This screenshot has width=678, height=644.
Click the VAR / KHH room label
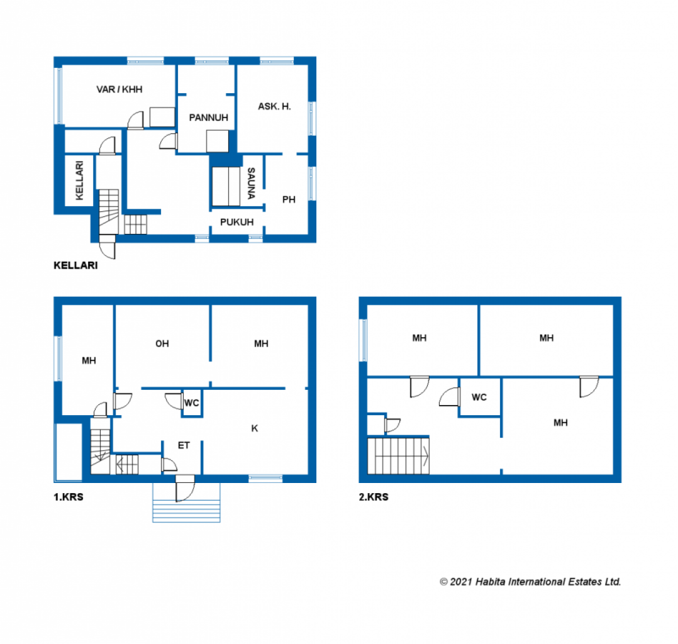pos(119,89)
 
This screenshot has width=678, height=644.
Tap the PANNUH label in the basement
pos(208,118)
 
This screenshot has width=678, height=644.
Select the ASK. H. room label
pos(274,106)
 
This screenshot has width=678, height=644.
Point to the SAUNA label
pos(251,183)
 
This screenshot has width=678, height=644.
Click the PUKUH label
pos(236,222)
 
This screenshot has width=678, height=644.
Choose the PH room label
pos(289,199)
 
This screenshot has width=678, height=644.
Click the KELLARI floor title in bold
pos(75,265)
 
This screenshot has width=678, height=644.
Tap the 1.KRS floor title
pos(69,497)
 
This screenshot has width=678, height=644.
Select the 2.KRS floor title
pos(374,497)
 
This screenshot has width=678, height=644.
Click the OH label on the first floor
pos(162,344)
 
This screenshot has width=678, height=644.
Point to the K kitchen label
pos(254,428)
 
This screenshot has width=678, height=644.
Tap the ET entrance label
pos(184,445)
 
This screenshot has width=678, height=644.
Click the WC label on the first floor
pos(192,403)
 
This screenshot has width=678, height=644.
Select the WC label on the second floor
pos(479,397)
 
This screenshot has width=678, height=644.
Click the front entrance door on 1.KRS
pos(185,488)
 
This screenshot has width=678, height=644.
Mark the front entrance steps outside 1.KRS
pos(186,510)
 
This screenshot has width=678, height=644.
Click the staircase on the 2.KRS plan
pos(398,456)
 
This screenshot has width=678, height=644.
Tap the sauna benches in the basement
pos(226,186)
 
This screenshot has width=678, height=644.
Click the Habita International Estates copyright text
pos(530,582)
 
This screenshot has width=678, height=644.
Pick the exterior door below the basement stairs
pos(107,247)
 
